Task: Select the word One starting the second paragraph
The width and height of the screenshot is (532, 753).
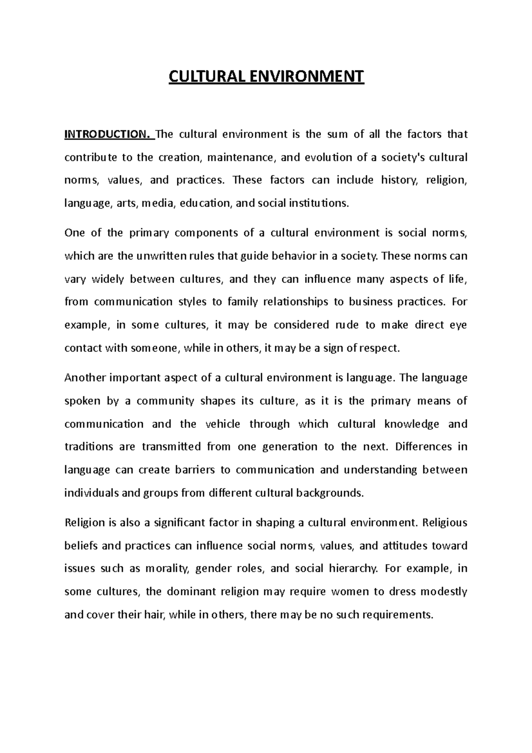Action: point(74,233)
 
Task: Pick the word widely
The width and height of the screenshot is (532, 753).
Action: point(108,279)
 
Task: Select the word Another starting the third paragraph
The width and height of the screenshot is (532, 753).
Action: point(85,378)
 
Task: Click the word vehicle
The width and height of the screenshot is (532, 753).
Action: point(223,424)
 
